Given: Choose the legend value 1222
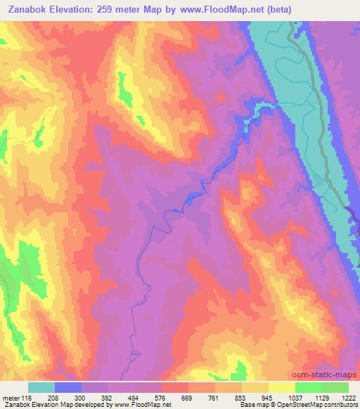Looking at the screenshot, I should click(x=346, y=398).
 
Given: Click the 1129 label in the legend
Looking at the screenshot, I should click(x=321, y=398).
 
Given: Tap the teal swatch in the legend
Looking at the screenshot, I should click(x=41, y=387).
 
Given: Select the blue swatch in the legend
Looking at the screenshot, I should click(x=68, y=387).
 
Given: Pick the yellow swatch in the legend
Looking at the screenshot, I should click(x=281, y=387).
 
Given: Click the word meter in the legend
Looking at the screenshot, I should click(x=9, y=398).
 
